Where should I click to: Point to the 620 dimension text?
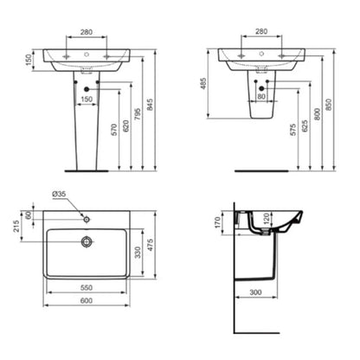pos(126,128)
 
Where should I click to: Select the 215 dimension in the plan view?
pos(16,227)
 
